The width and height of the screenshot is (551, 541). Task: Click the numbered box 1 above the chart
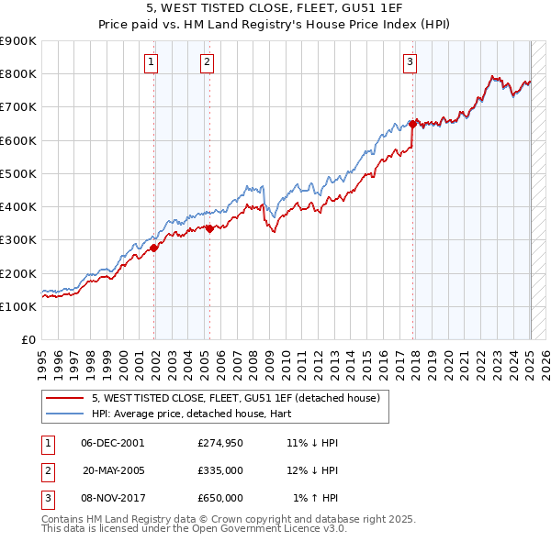pos(150,62)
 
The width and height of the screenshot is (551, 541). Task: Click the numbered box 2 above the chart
pos(207,62)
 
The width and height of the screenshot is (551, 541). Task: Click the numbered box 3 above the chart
pos(410,62)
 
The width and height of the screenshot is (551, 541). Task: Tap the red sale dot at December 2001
pos(154,247)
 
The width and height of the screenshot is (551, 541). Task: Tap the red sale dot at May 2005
pos(210,228)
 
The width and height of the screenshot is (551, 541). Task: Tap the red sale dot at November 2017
pos(413,123)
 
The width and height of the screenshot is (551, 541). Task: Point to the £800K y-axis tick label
pos(18,74)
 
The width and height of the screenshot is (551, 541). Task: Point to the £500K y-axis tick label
pos(18,173)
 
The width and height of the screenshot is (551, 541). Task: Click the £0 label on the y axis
pos(28,339)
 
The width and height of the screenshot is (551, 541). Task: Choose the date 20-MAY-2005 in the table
pos(113,470)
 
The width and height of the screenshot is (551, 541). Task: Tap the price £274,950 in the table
pos(220,443)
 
